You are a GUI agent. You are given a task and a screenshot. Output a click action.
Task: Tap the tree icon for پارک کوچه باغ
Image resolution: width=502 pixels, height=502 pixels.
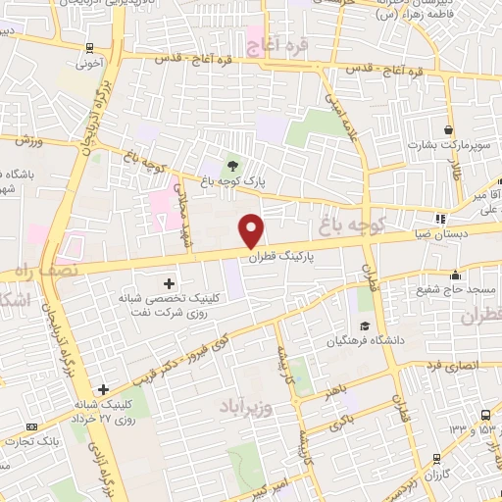(x=232, y=165)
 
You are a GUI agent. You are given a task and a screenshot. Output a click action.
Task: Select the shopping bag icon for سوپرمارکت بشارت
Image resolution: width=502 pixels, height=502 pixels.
(x=449, y=129)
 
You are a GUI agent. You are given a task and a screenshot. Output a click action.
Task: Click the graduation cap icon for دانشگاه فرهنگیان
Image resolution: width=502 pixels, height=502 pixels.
(x=365, y=326)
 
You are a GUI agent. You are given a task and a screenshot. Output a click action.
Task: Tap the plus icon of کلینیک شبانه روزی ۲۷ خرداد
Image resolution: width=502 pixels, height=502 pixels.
(x=103, y=388)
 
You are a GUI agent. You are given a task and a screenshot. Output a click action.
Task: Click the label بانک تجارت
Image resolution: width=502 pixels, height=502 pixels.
(x=26, y=440)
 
